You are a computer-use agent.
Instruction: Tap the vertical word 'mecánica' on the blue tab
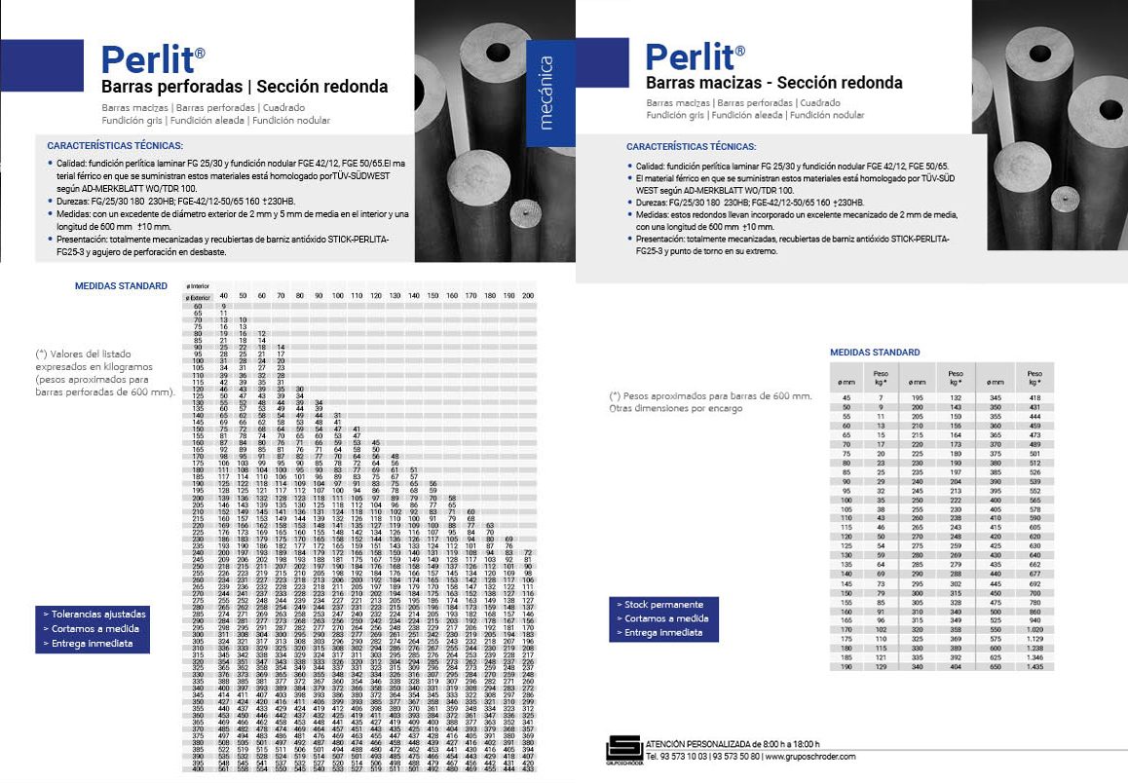tap(546, 93)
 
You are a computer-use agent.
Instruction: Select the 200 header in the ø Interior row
tap(528, 295)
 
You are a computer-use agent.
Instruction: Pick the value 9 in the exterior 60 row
tap(223, 306)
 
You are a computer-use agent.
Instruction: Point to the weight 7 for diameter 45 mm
tap(882, 397)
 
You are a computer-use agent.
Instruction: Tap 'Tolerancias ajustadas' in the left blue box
tap(94, 615)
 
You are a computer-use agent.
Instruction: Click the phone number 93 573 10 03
tap(683, 757)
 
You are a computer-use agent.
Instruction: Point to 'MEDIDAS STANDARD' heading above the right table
tap(874, 353)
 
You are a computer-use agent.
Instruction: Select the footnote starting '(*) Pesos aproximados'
tap(710, 396)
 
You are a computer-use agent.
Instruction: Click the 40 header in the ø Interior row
tap(223, 295)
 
